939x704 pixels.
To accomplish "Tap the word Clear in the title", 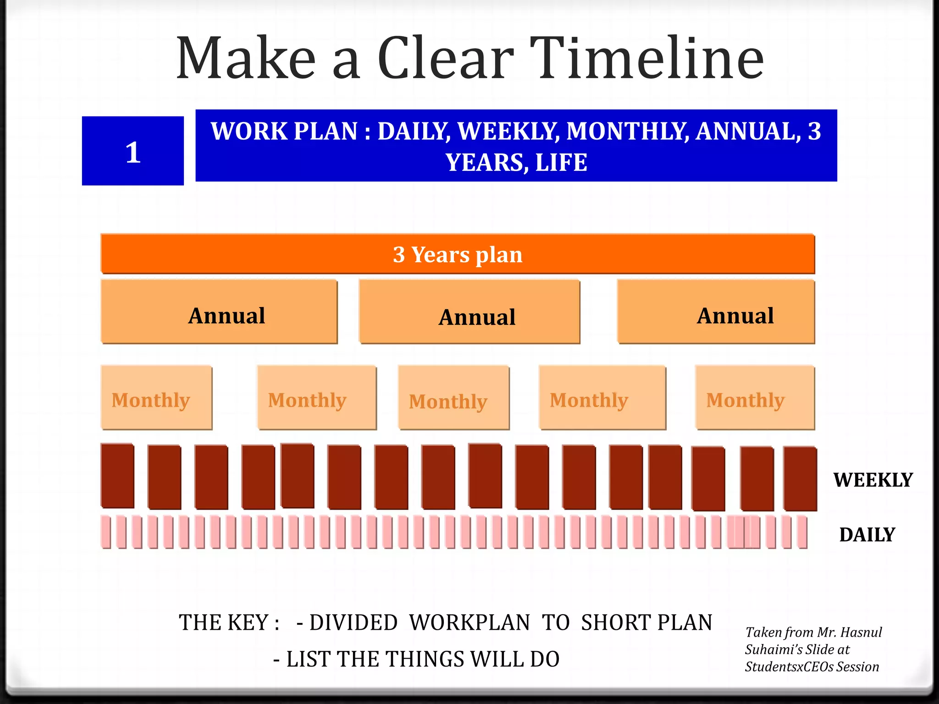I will (x=445, y=59).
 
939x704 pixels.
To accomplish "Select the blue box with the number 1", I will (x=133, y=151).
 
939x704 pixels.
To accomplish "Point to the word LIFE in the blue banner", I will (x=561, y=162).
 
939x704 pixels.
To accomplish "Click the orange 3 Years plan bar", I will (x=458, y=254).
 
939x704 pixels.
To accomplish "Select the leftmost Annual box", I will (x=219, y=312).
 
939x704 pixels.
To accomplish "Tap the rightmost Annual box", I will (x=716, y=312).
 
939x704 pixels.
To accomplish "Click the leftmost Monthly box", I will (x=156, y=397).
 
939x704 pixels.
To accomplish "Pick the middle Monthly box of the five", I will (x=453, y=397).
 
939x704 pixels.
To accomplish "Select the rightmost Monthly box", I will (x=755, y=397).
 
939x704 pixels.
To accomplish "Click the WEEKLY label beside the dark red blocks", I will (x=873, y=480).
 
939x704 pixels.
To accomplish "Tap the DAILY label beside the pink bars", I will (x=867, y=534).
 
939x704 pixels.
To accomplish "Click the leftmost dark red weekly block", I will (x=117, y=476).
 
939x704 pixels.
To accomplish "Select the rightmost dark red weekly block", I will (x=800, y=478).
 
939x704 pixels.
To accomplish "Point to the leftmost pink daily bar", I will (x=106, y=532).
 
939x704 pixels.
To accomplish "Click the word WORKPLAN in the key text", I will (x=469, y=622).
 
